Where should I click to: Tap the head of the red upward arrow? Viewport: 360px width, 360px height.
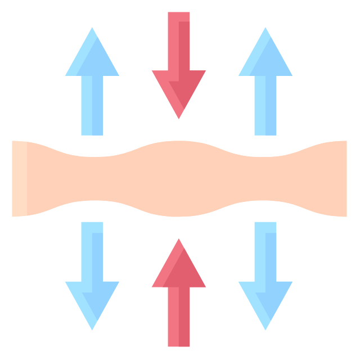(x=178, y=270)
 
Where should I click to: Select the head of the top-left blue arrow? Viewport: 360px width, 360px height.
(x=92, y=59)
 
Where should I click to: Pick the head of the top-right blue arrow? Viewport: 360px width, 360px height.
(x=265, y=59)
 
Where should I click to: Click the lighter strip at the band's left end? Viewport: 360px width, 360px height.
(x=19, y=178)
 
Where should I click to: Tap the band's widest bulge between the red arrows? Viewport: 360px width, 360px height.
(x=178, y=178)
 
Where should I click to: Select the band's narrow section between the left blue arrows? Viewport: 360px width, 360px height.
(x=92, y=178)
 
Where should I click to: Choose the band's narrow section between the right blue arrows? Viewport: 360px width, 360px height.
(x=265, y=178)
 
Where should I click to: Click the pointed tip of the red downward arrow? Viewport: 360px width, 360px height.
(x=178, y=116)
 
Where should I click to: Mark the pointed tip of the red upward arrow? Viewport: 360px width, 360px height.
(x=178, y=241)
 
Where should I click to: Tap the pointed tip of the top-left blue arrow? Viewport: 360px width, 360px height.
(x=92, y=29)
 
